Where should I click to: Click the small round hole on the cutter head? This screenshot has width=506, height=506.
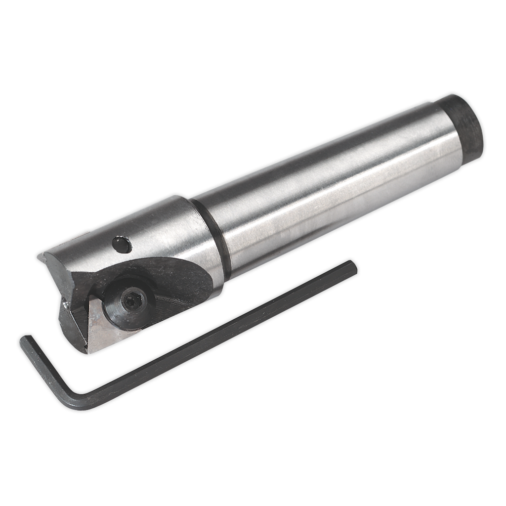[121, 243]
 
